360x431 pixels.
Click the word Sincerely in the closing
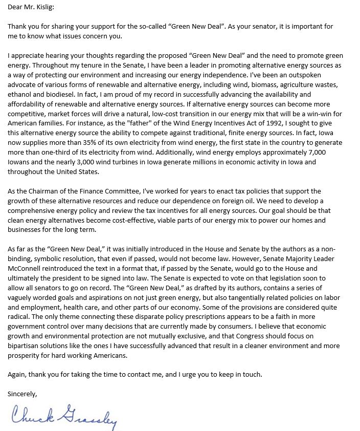pos(22,394)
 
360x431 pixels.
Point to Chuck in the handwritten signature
pos(31,414)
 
